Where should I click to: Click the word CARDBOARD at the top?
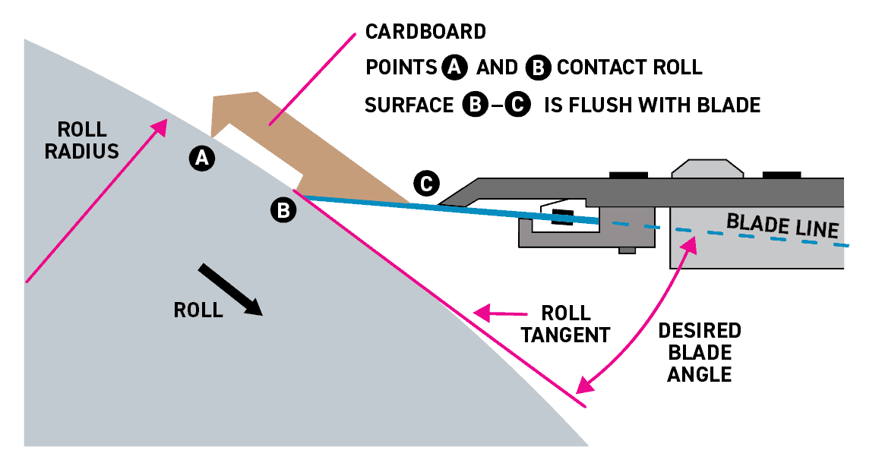point(425,32)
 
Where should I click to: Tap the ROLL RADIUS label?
point(81,140)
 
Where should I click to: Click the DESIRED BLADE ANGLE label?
point(699,352)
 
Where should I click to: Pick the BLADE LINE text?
point(782,225)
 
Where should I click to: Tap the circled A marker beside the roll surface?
point(201,158)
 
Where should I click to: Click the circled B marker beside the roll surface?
point(283,210)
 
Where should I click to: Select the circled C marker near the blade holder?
point(426,183)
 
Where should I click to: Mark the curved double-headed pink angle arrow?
point(646,319)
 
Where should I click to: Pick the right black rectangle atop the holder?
point(782,175)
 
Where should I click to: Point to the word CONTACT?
point(592,68)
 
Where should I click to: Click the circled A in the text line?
point(454,68)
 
